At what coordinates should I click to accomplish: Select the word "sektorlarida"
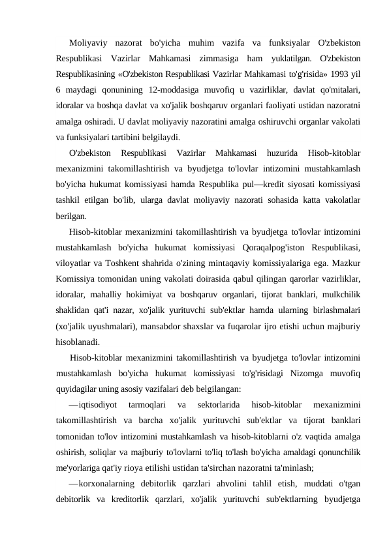point(208,405)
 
